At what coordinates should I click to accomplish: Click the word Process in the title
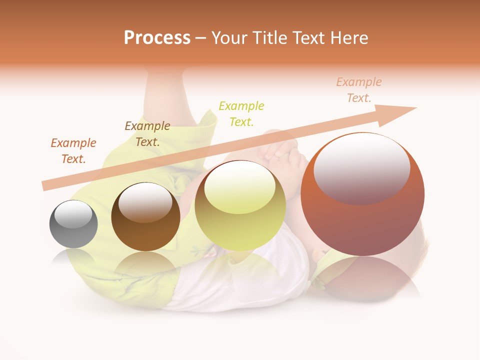coord(157,38)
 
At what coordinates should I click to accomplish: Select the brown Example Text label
coord(147,134)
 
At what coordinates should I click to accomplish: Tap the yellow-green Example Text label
coord(241,113)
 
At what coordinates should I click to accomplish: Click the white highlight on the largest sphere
coord(361,167)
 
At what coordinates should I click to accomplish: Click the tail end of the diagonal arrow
coord(46,185)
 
